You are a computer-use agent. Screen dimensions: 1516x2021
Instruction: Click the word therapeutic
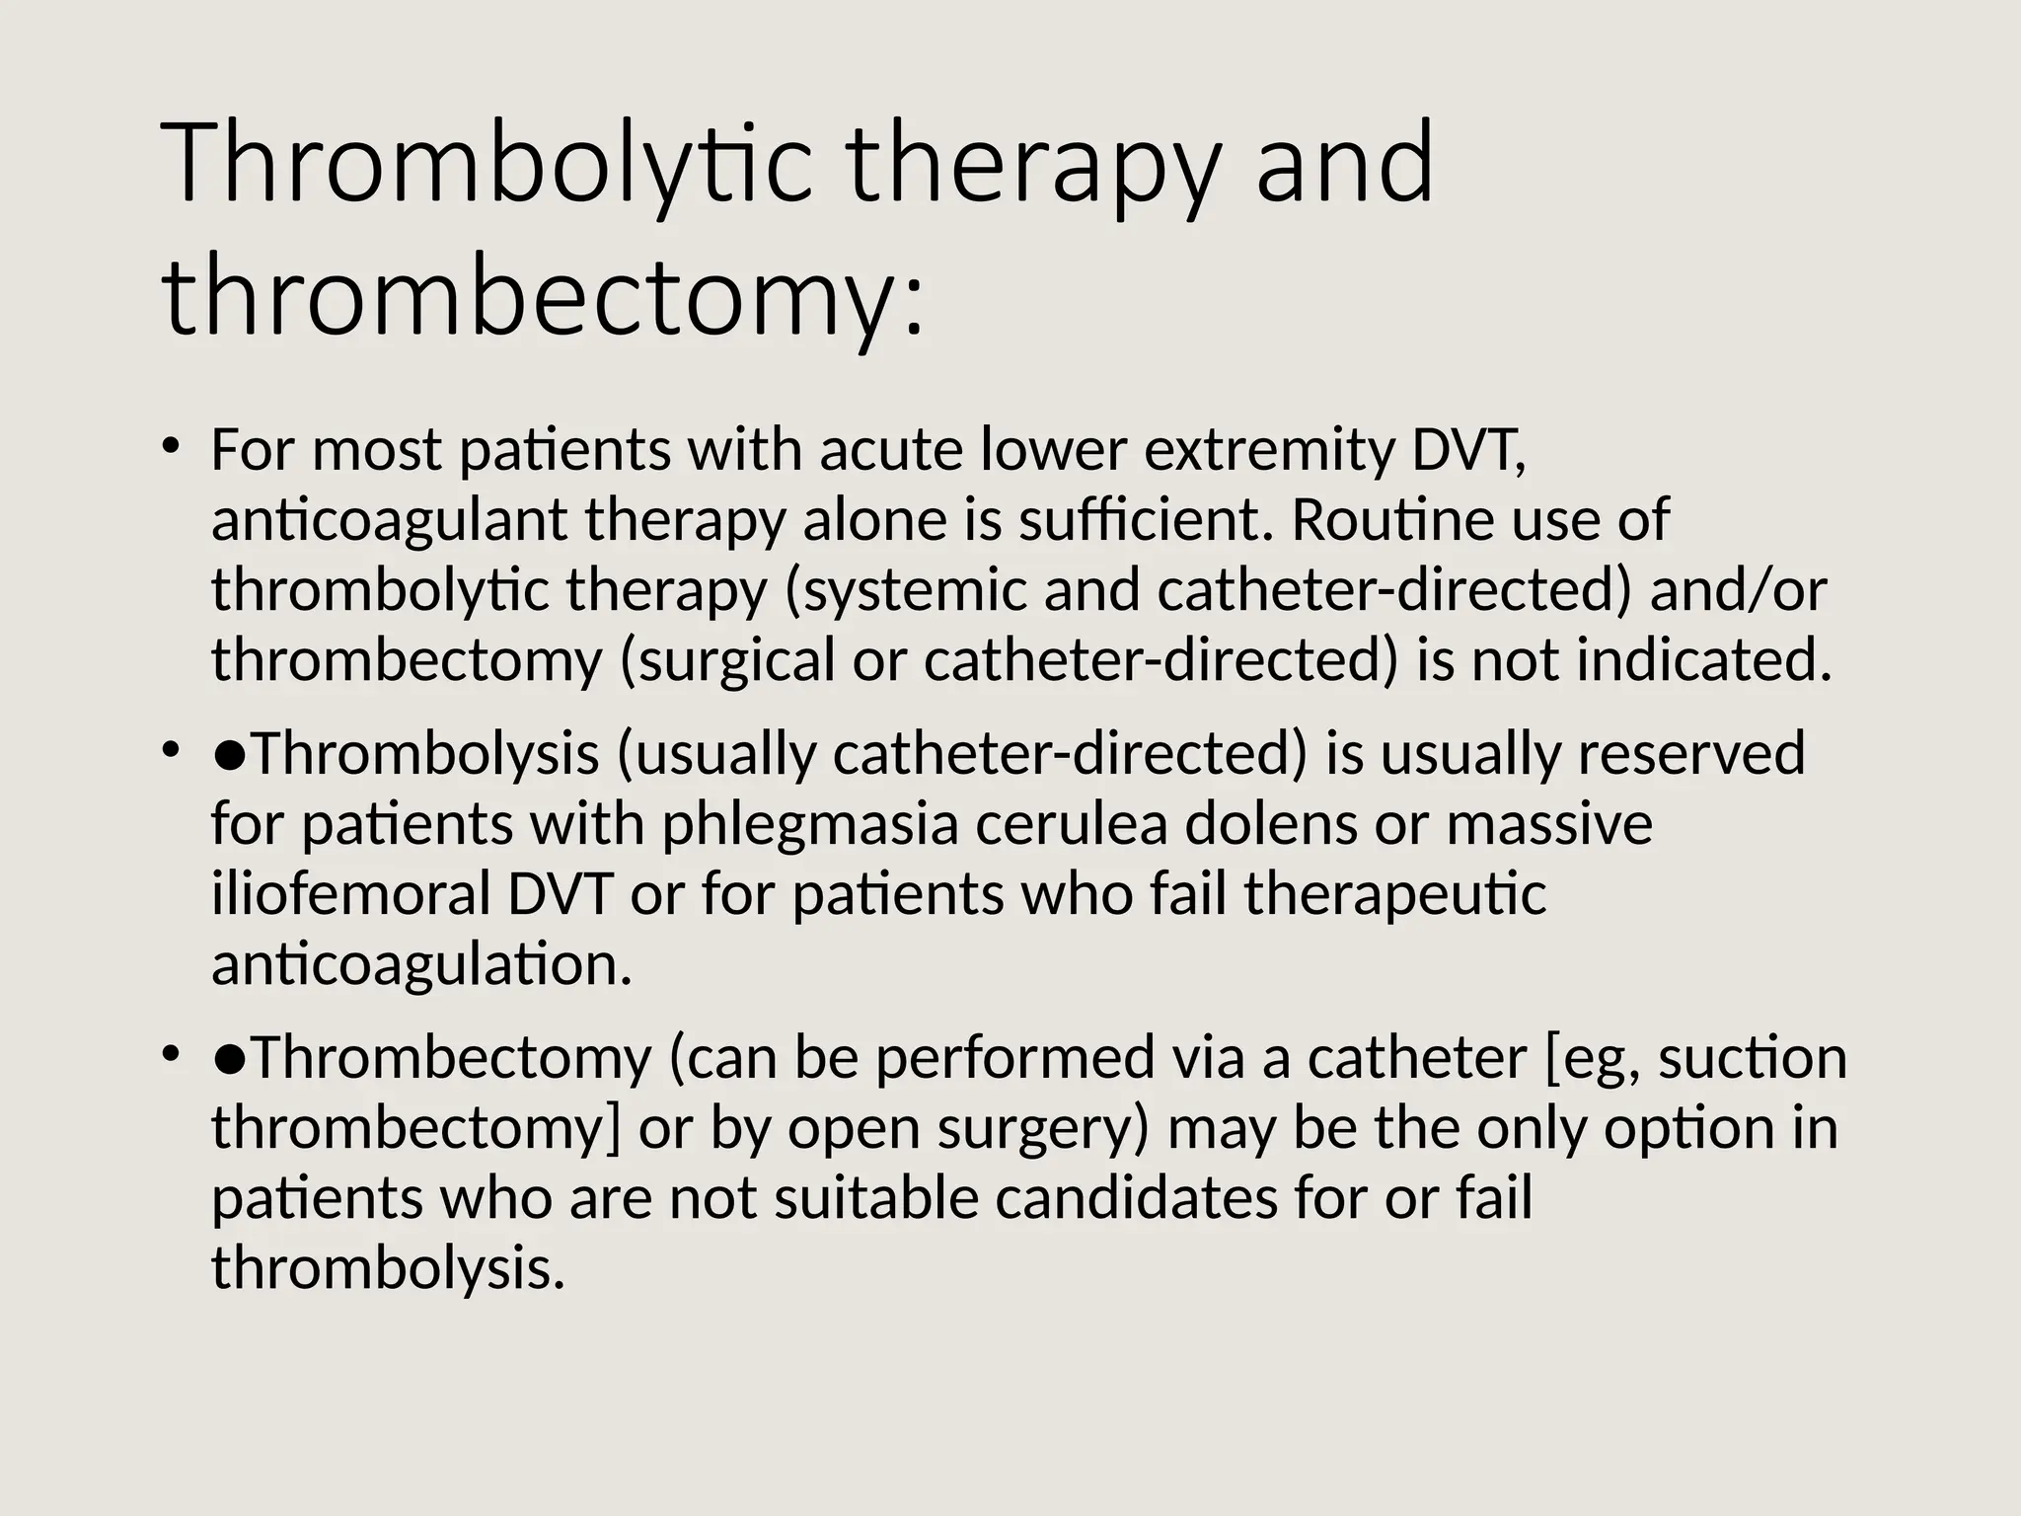click(x=1395, y=894)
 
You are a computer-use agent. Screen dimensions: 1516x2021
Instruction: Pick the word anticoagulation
click(x=421, y=964)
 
